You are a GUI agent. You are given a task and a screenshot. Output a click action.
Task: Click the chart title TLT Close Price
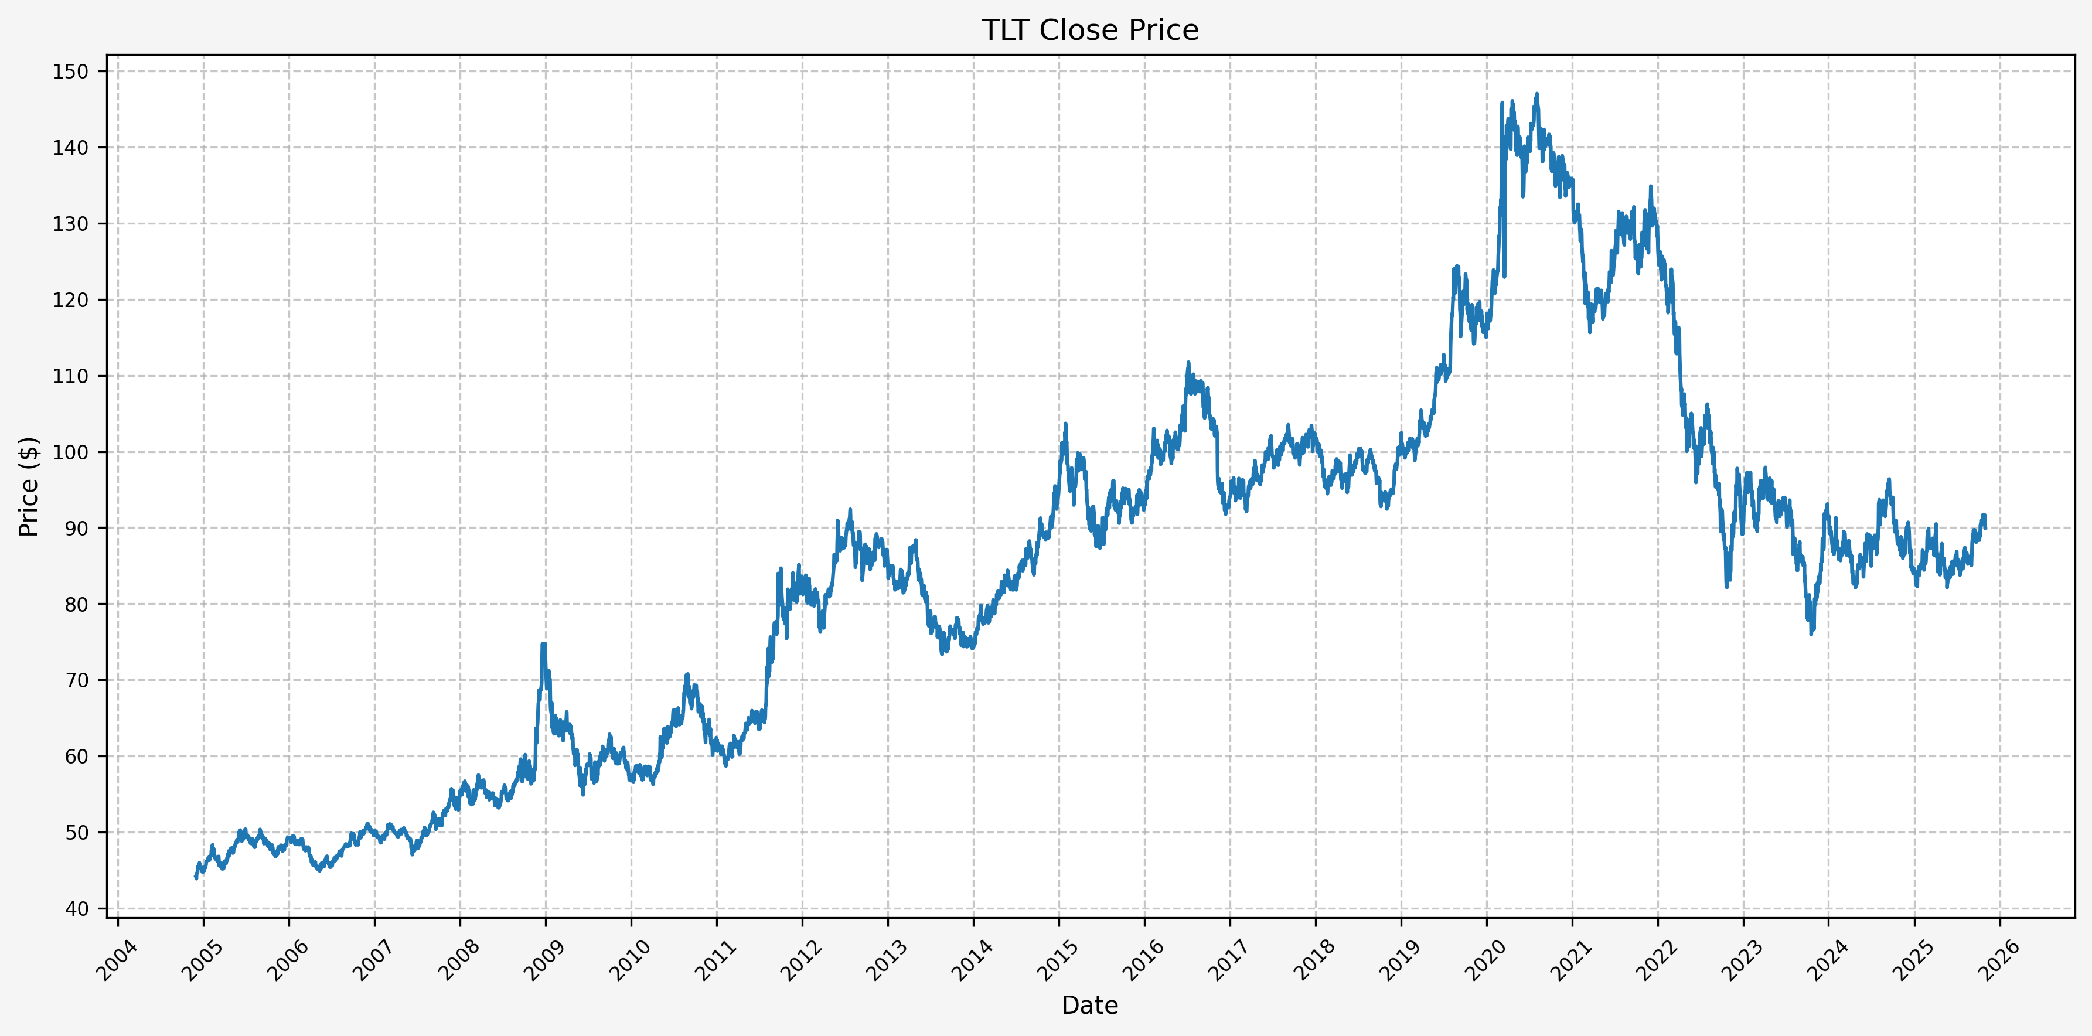[x=1090, y=30]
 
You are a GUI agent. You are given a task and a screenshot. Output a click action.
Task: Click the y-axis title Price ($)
[x=29, y=486]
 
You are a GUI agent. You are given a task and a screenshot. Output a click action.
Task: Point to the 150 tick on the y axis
[x=71, y=71]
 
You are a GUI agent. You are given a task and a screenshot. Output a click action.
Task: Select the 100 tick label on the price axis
[x=71, y=452]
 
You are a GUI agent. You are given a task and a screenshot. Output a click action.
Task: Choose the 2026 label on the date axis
[x=1999, y=962]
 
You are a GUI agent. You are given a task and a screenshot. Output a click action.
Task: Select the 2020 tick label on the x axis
[x=1486, y=962]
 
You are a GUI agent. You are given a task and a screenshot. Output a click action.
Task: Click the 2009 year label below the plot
[x=545, y=962]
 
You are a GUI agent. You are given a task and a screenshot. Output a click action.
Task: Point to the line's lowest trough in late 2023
[x=1811, y=633]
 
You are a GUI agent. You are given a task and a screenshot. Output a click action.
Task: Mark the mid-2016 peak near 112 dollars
[x=1188, y=363]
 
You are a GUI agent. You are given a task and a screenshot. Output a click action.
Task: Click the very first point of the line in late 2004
[x=196, y=878]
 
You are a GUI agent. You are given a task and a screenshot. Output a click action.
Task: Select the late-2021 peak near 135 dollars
[x=1650, y=187]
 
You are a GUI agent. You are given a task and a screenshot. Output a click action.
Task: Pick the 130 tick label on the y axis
[x=71, y=224]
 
